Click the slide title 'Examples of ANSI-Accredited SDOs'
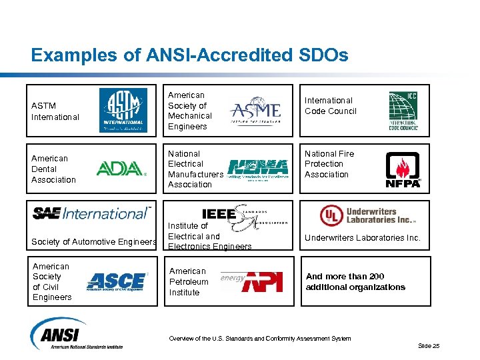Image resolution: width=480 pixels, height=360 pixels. [189, 55]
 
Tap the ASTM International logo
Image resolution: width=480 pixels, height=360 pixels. [123, 110]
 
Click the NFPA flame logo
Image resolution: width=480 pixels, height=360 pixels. [403, 170]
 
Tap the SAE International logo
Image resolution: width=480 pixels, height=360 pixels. [92, 213]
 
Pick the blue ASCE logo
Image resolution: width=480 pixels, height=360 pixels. [117, 281]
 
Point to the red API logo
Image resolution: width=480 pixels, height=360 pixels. [261, 281]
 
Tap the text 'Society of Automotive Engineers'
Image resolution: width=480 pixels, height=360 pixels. [95, 241]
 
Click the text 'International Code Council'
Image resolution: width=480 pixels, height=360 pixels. [330, 105]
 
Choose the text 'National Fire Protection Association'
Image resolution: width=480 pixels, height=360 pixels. [329, 164]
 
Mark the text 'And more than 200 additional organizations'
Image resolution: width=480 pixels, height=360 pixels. [355, 282]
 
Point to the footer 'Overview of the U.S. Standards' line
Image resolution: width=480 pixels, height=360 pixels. [260, 339]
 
